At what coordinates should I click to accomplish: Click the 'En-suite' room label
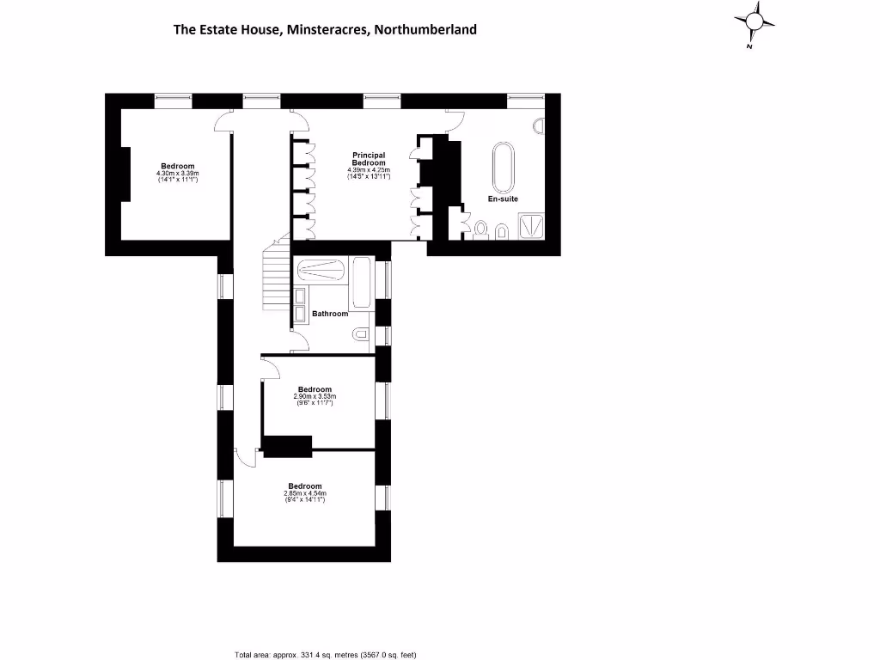tap(504, 199)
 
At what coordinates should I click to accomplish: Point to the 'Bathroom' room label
tap(330, 314)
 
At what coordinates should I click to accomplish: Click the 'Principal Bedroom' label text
tap(369, 159)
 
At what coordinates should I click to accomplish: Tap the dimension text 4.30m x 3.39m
tap(178, 174)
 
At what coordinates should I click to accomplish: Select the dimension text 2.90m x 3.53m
tap(315, 396)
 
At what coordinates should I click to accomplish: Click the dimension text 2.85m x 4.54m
tap(305, 492)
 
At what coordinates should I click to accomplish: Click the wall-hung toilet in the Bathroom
tap(362, 334)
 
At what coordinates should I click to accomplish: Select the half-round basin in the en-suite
tap(540, 126)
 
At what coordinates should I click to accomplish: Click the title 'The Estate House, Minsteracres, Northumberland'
tap(325, 29)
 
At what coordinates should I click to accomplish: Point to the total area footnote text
tap(326, 655)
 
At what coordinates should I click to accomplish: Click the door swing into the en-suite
tap(455, 123)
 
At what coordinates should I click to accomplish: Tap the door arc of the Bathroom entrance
tap(300, 345)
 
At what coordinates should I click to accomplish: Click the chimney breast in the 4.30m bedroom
tap(125, 174)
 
